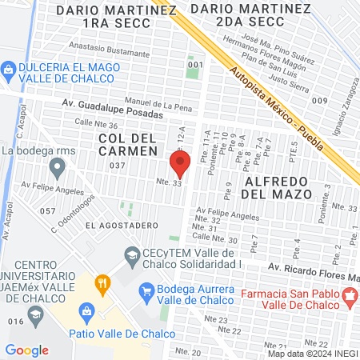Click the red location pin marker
pos(180,164)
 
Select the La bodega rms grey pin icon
pos(57,168)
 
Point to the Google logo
pos(26,350)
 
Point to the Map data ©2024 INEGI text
pos(312,353)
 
